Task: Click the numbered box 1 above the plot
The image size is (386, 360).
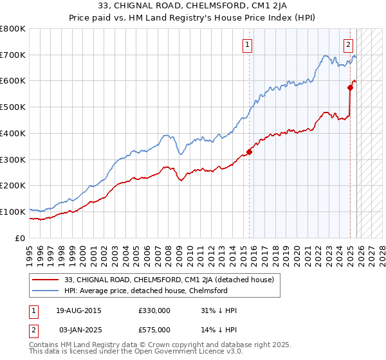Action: (x=248, y=44)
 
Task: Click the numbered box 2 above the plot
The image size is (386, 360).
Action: (x=348, y=44)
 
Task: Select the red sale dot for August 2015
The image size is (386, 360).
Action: (x=249, y=152)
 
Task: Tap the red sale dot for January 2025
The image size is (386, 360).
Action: (x=351, y=87)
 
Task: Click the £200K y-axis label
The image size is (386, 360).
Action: (x=14, y=186)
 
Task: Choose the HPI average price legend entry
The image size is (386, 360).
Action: (x=155, y=291)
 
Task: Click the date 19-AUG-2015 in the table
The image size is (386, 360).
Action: (x=78, y=310)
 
